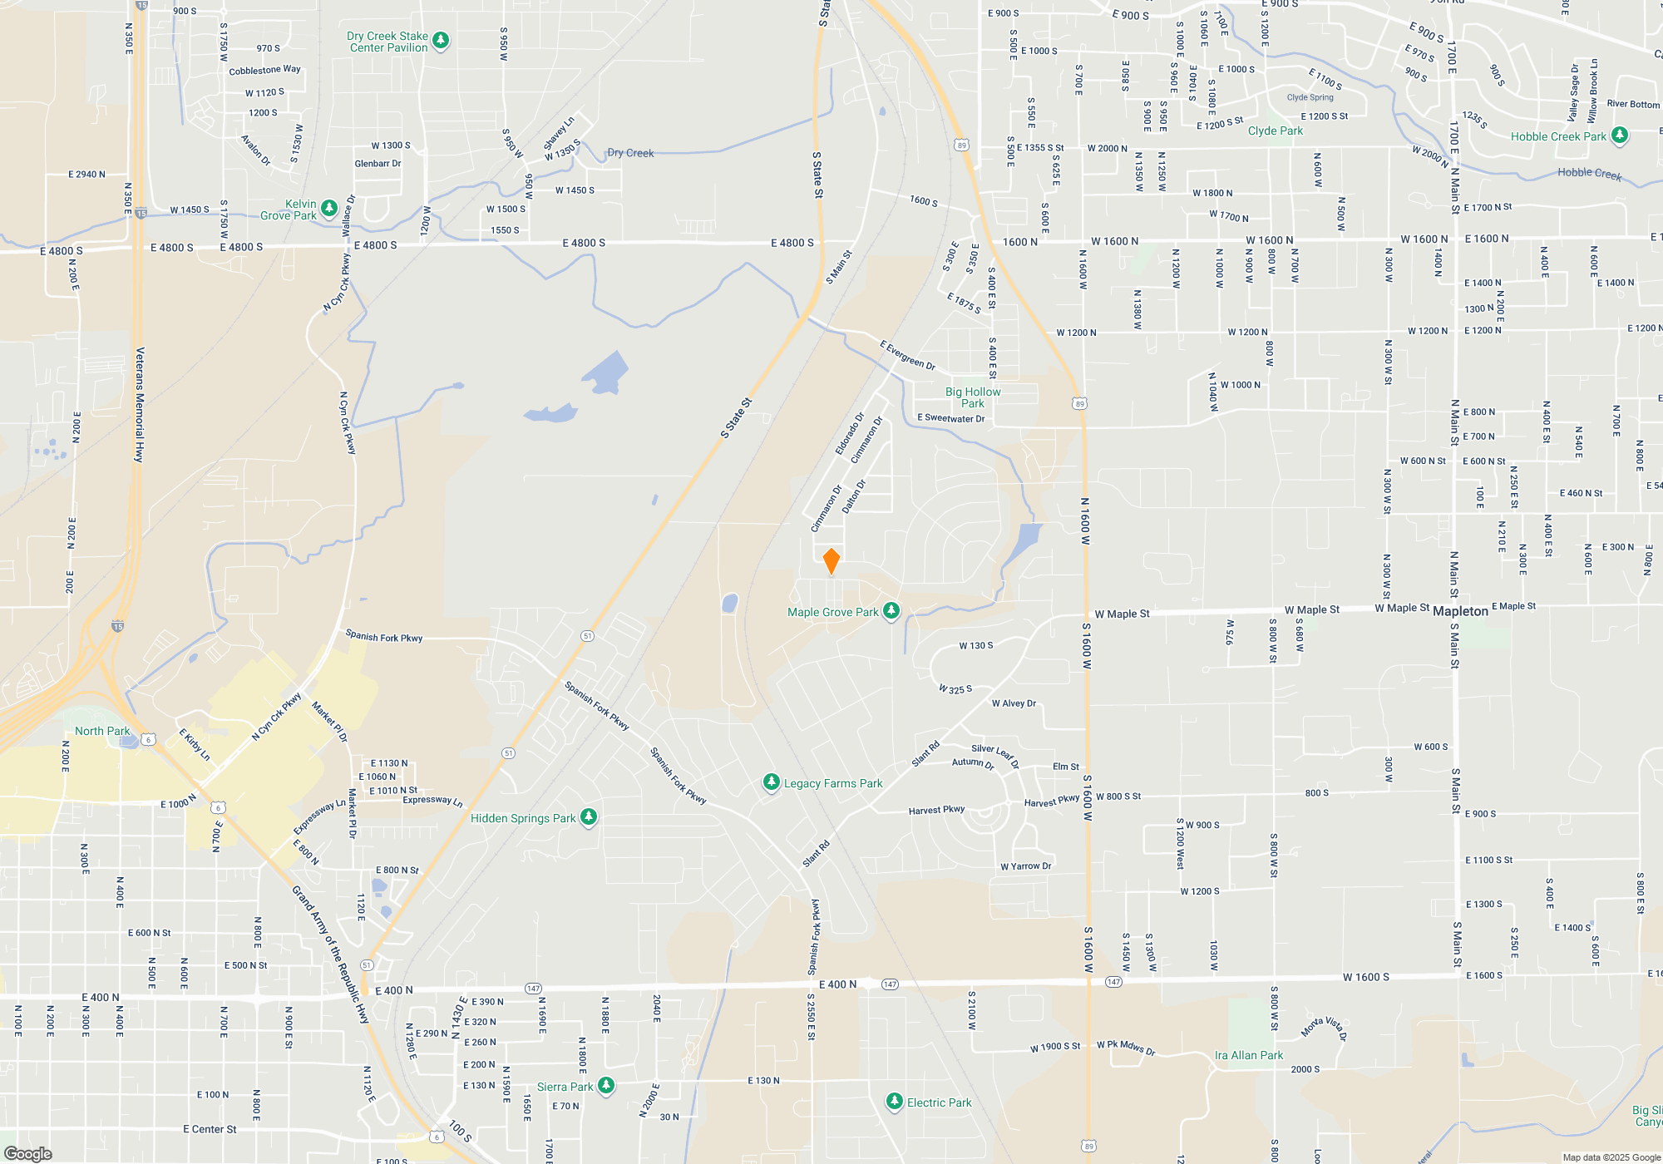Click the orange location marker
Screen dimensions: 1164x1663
[831, 561]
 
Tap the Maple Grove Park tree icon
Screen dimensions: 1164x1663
[891, 611]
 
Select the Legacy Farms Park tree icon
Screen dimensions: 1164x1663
[772, 782]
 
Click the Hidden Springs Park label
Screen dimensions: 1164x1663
[523, 818]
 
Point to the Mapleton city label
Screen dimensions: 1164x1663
[1460, 611]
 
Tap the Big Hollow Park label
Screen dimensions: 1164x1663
[973, 397]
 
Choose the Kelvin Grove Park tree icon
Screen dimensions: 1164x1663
[329, 207]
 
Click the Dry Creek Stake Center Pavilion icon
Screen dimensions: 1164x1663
[442, 40]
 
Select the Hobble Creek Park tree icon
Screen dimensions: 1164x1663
[1619, 135]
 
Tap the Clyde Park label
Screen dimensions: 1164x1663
[1276, 131]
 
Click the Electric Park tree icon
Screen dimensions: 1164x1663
[895, 1102]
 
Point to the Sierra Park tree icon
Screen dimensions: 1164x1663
[607, 1085]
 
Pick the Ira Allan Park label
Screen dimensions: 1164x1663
[1249, 1055]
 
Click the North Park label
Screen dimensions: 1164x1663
[102, 731]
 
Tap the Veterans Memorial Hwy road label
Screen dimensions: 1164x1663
[140, 405]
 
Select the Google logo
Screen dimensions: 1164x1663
[28, 1153]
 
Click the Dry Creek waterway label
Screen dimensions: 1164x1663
[630, 153]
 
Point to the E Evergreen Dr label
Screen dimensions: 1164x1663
[908, 355]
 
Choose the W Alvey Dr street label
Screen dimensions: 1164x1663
[1014, 703]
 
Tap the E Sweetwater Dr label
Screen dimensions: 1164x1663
[950, 418]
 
